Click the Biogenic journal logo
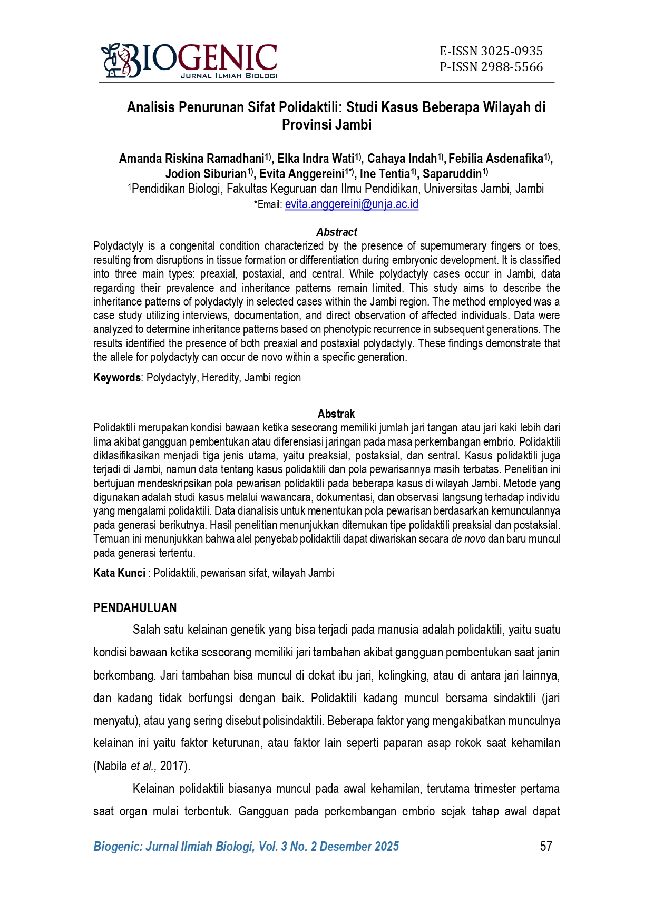pos(189,61)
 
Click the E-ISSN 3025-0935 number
pos(491,51)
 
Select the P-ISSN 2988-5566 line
pos(491,67)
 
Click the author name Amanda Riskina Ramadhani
pos(191,159)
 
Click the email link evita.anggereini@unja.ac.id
pos(352,204)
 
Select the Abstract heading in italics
pos(336,232)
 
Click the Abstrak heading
pos(336,414)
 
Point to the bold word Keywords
pos(116,378)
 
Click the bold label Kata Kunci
pos(119,573)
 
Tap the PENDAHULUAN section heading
pos(135,608)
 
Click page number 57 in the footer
pos(546,847)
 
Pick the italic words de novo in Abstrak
pos(468,539)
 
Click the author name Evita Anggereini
pos(301,174)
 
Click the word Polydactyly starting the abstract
pos(118,246)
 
